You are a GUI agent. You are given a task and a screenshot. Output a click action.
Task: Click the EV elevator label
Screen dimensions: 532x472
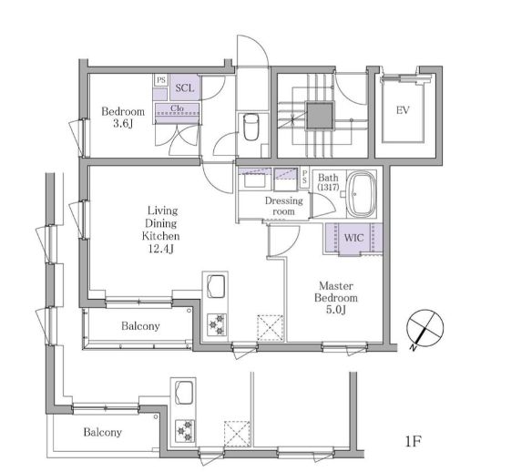click(403, 110)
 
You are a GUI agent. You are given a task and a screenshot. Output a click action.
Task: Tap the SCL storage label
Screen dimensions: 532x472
click(185, 88)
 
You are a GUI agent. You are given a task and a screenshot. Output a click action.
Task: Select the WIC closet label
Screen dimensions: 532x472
click(353, 237)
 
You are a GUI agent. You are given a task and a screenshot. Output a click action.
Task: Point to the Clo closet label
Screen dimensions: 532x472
click(177, 108)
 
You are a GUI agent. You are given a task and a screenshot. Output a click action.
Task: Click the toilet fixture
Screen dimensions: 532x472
click(251, 127)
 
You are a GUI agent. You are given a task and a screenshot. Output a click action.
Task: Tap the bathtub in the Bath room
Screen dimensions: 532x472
click(362, 194)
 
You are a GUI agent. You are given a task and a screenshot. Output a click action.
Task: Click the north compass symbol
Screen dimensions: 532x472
click(425, 328)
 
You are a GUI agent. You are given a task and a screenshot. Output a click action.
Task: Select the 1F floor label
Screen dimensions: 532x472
click(413, 441)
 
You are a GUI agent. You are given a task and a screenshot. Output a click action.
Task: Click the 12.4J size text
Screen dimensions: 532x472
click(161, 250)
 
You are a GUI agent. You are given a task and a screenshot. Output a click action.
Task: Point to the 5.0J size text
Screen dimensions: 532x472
click(335, 310)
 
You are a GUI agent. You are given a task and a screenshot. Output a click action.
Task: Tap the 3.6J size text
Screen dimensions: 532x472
click(123, 124)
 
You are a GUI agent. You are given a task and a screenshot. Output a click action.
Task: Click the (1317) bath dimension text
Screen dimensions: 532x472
click(328, 187)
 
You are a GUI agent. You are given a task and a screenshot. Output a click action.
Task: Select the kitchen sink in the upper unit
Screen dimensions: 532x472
click(215, 286)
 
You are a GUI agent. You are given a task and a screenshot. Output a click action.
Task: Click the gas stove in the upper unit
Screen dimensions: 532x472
click(217, 324)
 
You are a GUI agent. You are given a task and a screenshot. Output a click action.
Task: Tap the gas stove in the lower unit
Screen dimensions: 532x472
click(185, 431)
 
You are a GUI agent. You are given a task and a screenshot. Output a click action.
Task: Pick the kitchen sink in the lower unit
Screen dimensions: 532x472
click(184, 393)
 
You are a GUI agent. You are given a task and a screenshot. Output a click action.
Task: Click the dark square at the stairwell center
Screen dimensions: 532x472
click(320, 116)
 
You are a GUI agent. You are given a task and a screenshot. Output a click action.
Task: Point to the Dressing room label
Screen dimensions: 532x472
click(283, 206)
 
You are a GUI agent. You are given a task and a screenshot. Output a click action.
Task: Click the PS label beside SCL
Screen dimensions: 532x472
click(161, 80)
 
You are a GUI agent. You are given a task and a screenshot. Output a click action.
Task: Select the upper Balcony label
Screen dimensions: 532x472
click(140, 326)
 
